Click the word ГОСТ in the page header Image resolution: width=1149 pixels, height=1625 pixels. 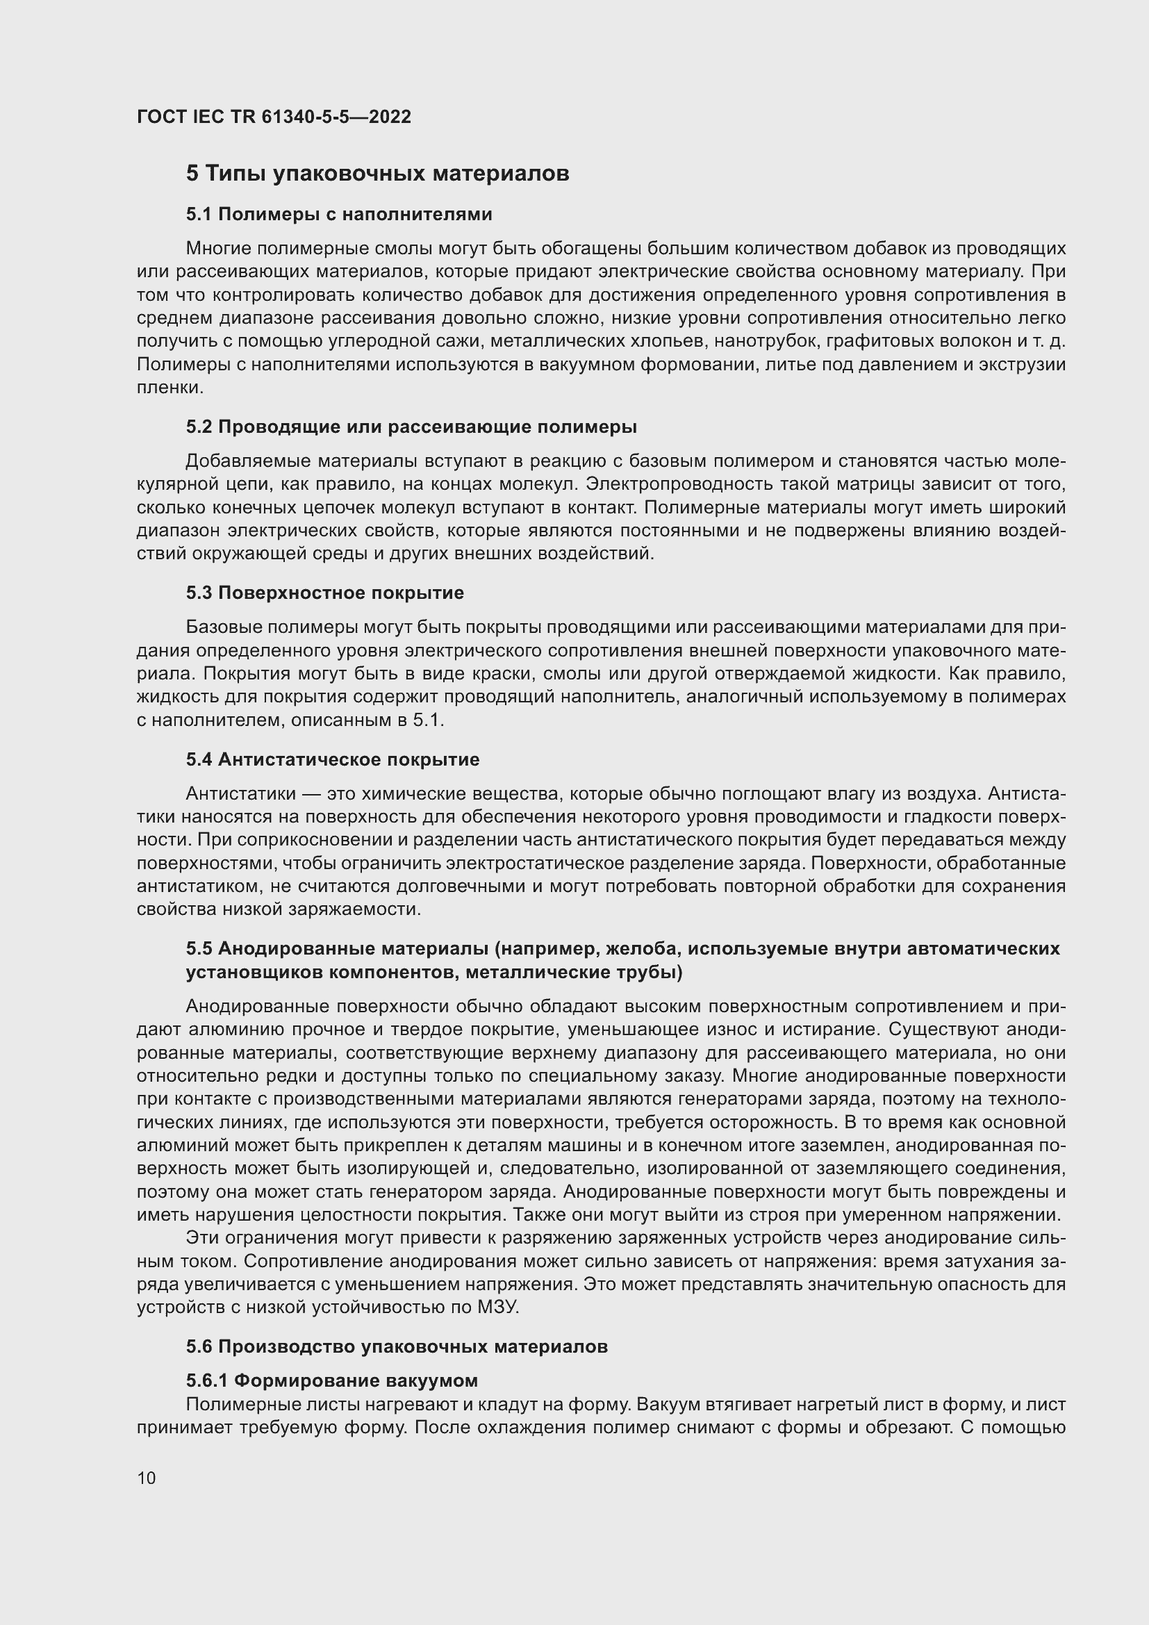(x=161, y=117)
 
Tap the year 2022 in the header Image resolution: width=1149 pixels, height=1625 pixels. (x=389, y=117)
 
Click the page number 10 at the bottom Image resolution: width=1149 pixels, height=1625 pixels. (x=147, y=1478)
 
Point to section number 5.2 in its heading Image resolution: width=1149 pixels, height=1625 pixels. (x=199, y=427)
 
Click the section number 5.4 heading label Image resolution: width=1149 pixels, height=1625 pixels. (x=199, y=759)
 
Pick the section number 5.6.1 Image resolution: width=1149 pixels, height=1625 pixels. (x=206, y=1380)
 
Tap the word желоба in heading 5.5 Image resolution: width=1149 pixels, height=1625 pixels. (x=646, y=948)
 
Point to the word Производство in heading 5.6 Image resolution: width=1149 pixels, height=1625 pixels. (x=284, y=1346)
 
